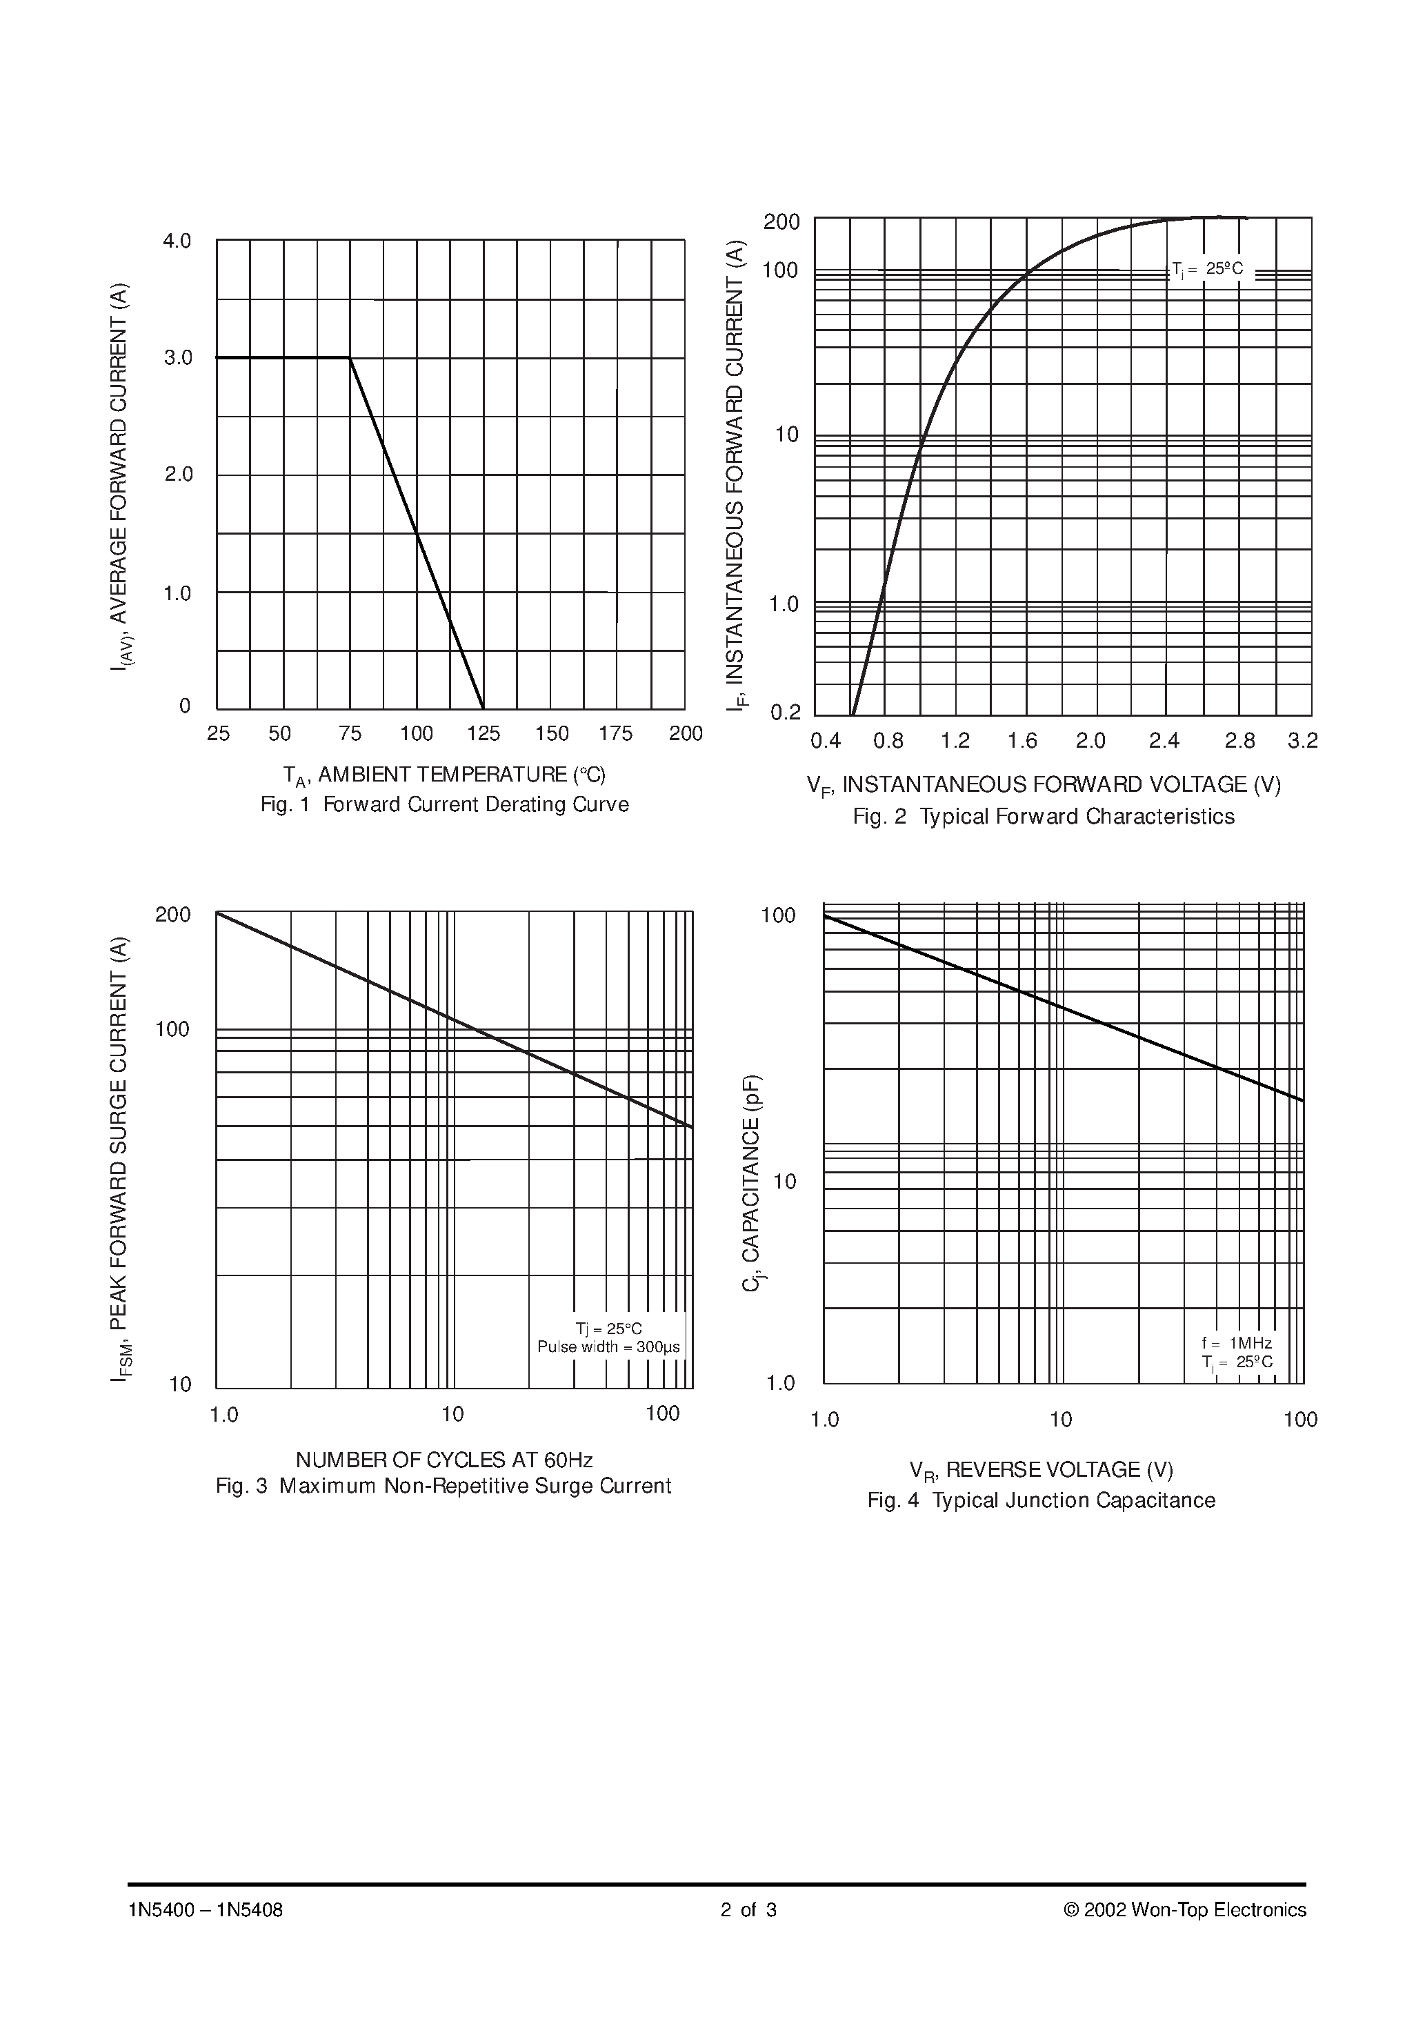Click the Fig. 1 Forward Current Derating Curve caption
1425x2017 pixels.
coord(445,805)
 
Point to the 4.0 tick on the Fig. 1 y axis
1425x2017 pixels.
coord(177,241)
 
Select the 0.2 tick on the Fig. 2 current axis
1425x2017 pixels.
coord(786,713)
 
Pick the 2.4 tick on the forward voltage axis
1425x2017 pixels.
coord(1164,742)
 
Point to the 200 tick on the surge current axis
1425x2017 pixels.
coord(173,915)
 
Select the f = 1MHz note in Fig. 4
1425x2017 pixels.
coord(1236,1343)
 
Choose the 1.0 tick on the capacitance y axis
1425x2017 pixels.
coord(780,1384)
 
